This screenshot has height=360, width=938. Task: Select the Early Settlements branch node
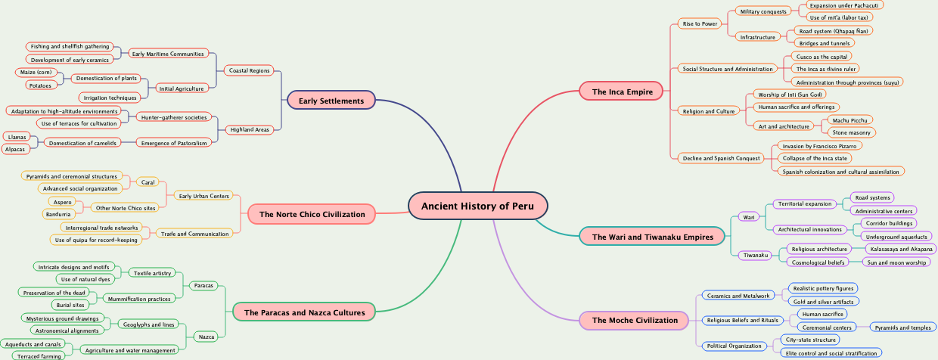click(331, 101)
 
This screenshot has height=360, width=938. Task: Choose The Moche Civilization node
click(635, 320)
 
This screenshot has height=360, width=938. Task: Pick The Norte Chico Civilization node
click(312, 215)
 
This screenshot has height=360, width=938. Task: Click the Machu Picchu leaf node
click(851, 119)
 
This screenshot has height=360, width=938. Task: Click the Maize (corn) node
click(36, 73)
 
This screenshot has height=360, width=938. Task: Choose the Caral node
click(149, 182)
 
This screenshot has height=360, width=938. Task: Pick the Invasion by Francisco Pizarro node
click(818, 145)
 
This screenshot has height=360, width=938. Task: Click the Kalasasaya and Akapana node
click(900, 249)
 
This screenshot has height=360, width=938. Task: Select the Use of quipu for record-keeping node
click(95, 240)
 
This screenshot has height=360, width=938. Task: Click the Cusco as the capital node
click(821, 56)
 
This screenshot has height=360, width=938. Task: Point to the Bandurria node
click(59, 214)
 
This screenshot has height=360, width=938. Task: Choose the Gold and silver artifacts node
click(822, 301)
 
